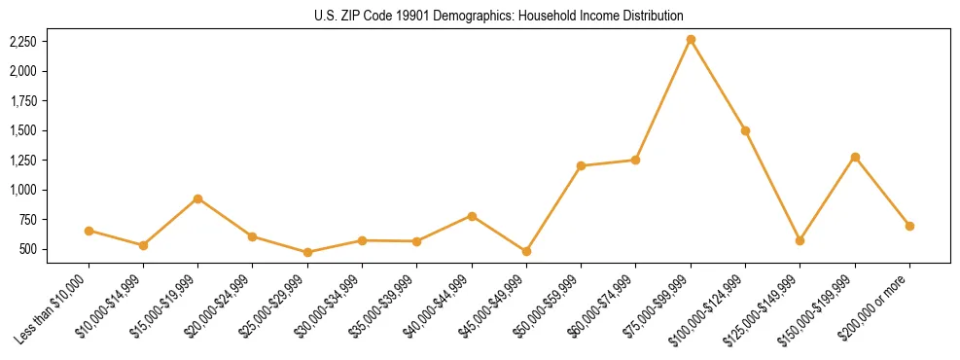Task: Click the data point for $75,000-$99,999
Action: click(x=691, y=40)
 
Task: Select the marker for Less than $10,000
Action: click(x=89, y=231)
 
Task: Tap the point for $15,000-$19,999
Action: click(x=197, y=198)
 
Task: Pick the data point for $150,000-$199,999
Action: click(x=855, y=157)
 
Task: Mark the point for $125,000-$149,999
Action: click(x=800, y=240)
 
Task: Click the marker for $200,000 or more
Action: click(x=909, y=226)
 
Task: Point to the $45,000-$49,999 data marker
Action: click(x=526, y=251)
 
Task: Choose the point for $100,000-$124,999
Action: click(x=745, y=130)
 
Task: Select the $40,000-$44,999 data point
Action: click(x=472, y=216)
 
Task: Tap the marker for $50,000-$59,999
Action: click(x=581, y=165)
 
